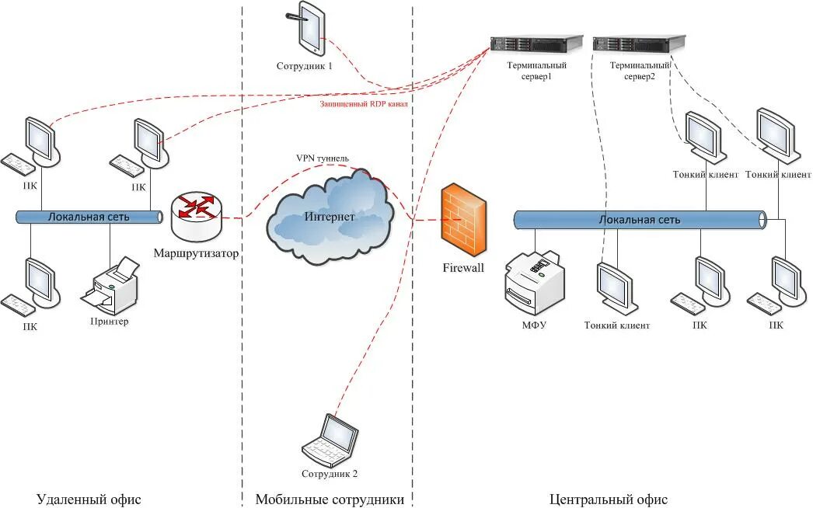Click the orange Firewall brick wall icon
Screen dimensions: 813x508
[463, 220]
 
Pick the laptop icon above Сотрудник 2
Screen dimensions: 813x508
[330, 440]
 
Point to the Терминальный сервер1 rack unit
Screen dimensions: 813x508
[536, 43]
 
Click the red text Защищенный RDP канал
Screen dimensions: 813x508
[364, 103]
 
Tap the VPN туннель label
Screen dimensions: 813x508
[323, 158]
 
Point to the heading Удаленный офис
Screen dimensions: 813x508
[89, 499]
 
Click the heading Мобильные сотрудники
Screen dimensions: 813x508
[330, 499]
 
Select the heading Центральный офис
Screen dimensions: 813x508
[608, 499]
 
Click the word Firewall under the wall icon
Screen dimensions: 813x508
[463, 267]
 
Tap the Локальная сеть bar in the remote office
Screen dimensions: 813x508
[89, 217]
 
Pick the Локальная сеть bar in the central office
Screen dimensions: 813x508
[640, 220]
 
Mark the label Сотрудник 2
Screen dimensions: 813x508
[330, 474]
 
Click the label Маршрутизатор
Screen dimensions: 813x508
[196, 253]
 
